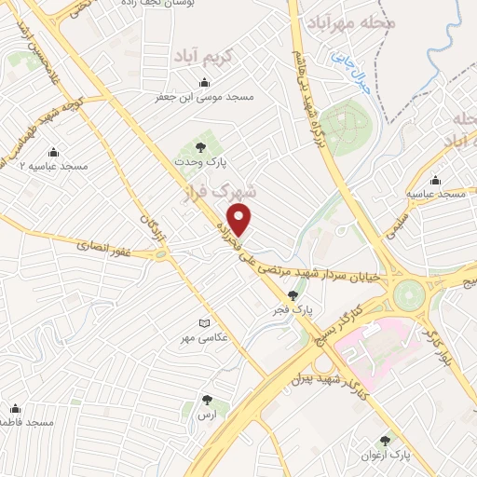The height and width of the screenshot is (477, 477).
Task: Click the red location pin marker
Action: pyautogui.click(x=240, y=221)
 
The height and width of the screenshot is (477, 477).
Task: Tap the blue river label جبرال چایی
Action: pyautogui.click(x=348, y=68)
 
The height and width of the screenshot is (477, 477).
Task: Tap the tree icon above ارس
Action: pyautogui.click(x=207, y=400)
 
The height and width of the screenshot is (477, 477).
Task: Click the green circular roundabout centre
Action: pyautogui.click(x=408, y=296)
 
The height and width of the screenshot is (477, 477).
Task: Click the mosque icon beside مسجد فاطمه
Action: pyautogui.click(x=15, y=408)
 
